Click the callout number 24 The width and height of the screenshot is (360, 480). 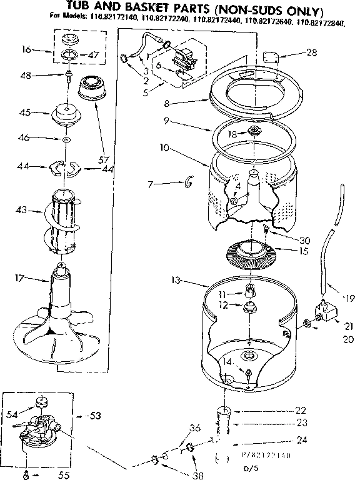click(x=302, y=440)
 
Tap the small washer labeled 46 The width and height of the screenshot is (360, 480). click(x=66, y=139)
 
